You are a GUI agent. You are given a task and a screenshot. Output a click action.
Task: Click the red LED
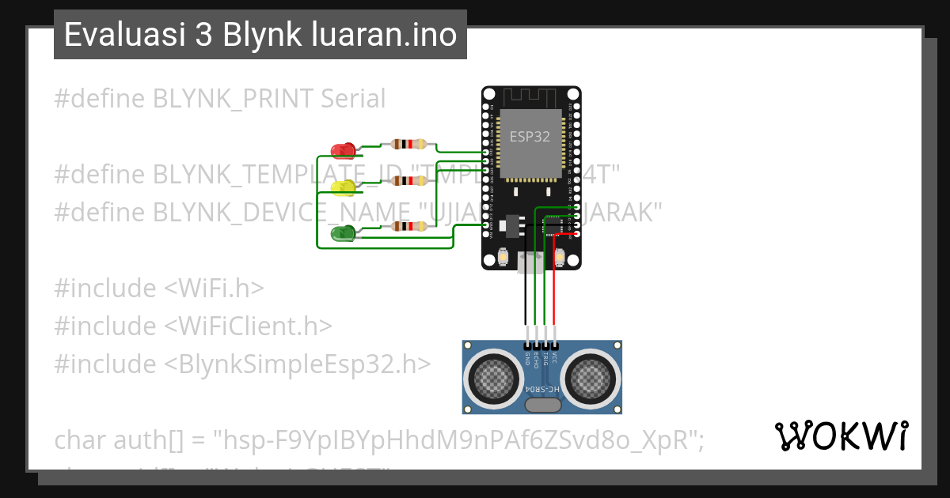click(342, 149)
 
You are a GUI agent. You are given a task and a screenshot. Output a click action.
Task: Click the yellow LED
click(342, 187)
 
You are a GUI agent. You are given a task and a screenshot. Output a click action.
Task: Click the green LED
click(342, 232)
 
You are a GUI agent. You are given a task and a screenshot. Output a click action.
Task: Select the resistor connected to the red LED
click(408, 145)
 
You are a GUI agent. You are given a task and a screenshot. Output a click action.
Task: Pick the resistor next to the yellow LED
click(408, 181)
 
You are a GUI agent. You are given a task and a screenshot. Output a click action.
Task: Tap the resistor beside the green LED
click(408, 226)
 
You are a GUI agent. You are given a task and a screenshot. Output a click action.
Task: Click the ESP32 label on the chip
click(530, 136)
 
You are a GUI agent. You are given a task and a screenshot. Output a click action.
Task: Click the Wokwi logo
click(841, 436)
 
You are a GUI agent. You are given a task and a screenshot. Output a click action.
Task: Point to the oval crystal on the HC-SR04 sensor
click(543, 406)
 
